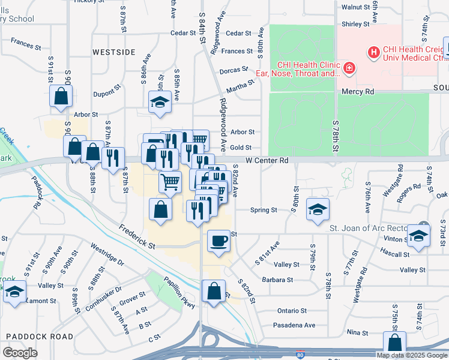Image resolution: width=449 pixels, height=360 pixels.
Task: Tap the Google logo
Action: point(20,353)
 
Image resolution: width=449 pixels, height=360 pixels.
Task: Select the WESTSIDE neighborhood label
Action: point(114,52)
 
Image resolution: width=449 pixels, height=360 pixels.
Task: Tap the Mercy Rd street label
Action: point(358,92)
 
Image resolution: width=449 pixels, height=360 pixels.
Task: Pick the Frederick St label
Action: point(136,237)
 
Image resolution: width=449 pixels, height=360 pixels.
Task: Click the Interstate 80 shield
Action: point(300,355)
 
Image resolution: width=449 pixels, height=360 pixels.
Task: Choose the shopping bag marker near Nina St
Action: point(395,344)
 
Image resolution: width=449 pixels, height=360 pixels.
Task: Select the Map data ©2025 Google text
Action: point(412,355)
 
